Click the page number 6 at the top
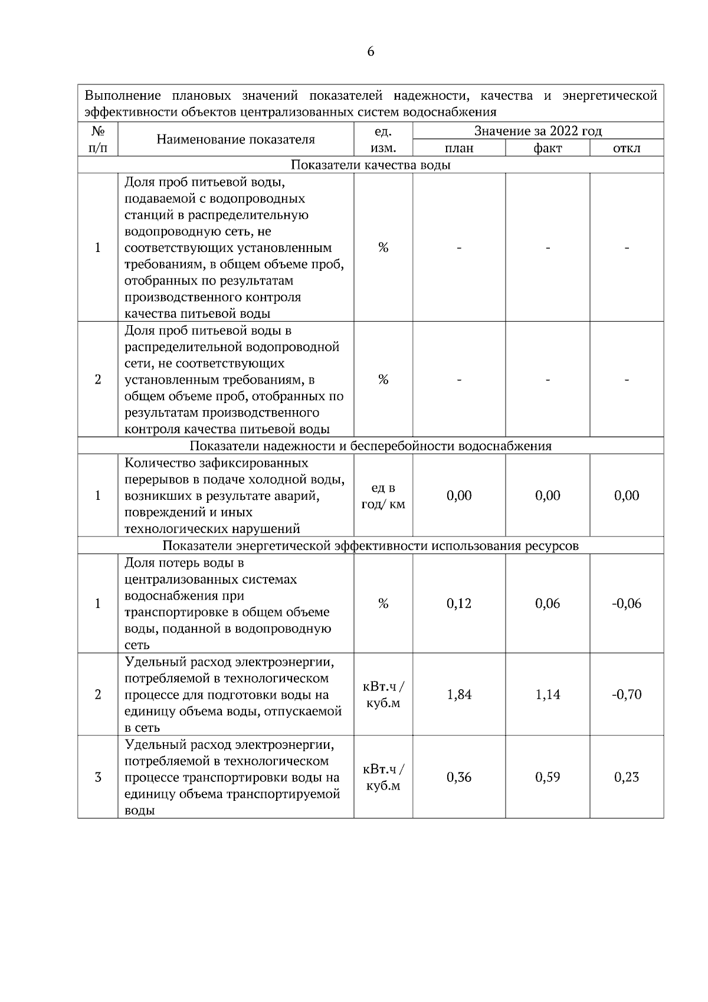(x=371, y=52)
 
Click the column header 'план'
(x=459, y=148)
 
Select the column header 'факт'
(x=548, y=148)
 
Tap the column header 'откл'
(x=627, y=148)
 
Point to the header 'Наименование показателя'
(x=235, y=139)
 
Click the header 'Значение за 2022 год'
(x=538, y=131)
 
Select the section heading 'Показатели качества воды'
(x=371, y=165)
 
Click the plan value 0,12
(x=459, y=603)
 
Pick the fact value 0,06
(x=548, y=603)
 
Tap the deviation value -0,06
(x=627, y=603)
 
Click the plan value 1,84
(x=459, y=695)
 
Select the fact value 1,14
(x=548, y=695)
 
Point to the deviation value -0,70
(x=627, y=695)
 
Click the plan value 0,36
(x=459, y=777)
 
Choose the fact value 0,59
(x=548, y=777)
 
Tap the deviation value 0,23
(x=627, y=777)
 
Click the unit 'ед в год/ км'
(x=383, y=496)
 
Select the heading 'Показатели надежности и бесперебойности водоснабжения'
(x=371, y=446)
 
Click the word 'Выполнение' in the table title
(x=123, y=96)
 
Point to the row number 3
(x=98, y=777)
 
